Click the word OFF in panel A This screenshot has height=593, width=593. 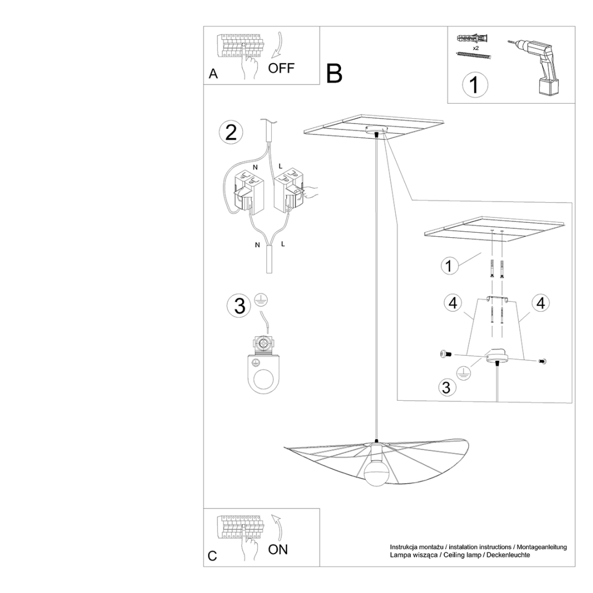coord(282,68)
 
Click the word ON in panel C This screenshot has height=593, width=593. coord(278,549)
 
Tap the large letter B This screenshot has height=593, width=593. coord(334,74)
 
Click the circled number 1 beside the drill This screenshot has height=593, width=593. coord(474,85)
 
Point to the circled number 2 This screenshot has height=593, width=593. coord(231,133)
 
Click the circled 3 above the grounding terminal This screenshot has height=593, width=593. coord(239,306)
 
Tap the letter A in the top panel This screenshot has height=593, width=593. coord(214,74)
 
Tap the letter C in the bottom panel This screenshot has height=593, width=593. coord(212,556)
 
